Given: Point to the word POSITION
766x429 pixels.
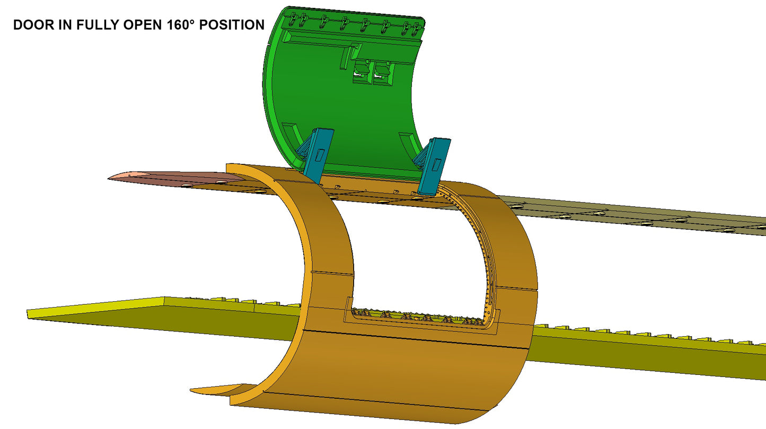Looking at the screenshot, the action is (x=232, y=25).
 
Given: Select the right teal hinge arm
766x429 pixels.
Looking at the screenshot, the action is (x=433, y=166).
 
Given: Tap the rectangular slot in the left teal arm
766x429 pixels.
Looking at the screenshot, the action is (x=320, y=155).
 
